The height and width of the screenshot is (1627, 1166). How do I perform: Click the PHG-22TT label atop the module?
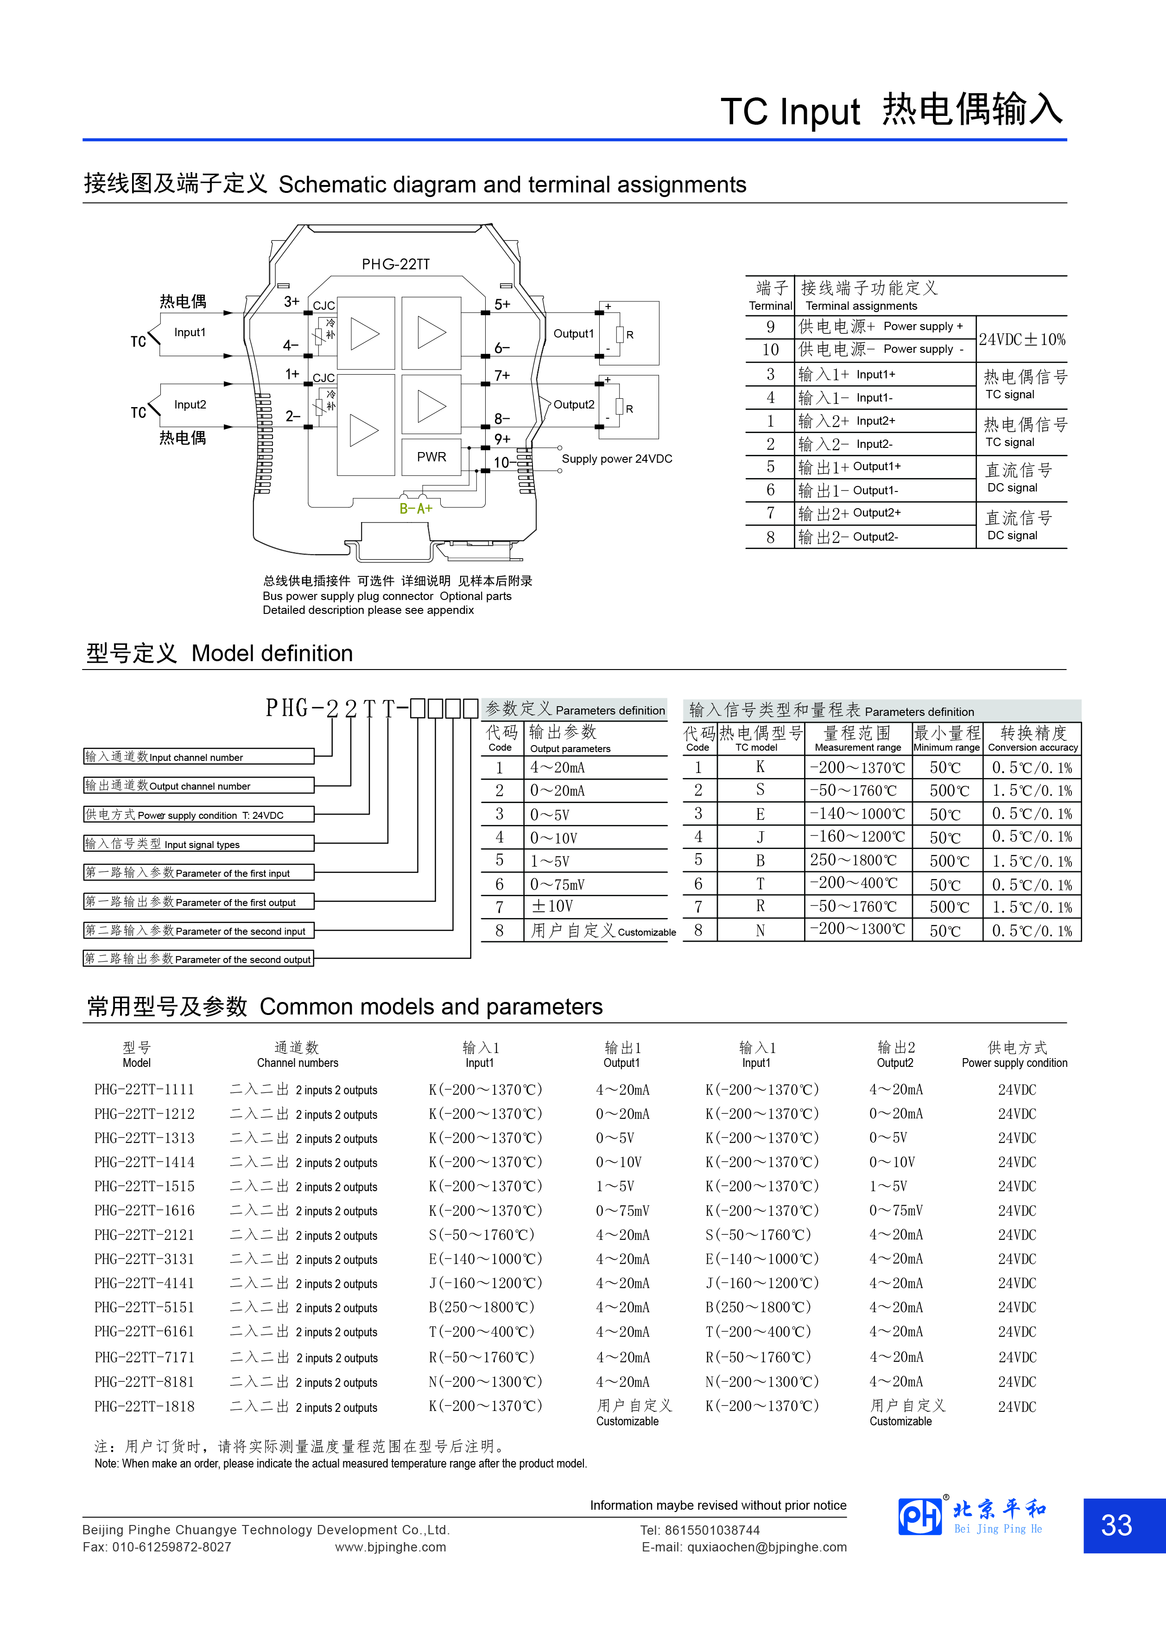[x=395, y=264]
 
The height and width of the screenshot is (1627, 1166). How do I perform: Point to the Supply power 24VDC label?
[x=617, y=459]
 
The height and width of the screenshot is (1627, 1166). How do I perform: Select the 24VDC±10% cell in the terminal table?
[x=1022, y=339]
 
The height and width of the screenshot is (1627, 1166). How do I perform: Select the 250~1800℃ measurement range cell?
[x=853, y=860]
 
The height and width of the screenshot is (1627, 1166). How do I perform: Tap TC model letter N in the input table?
[x=760, y=931]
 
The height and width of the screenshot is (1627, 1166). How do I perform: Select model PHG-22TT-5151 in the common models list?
[x=144, y=1307]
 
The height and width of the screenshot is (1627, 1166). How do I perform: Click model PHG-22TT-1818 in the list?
[x=144, y=1406]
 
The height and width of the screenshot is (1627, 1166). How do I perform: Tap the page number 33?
[x=1116, y=1526]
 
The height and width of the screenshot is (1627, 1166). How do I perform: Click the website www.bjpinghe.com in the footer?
[x=390, y=1547]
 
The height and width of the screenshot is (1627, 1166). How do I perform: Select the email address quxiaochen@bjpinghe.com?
[x=767, y=1547]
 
